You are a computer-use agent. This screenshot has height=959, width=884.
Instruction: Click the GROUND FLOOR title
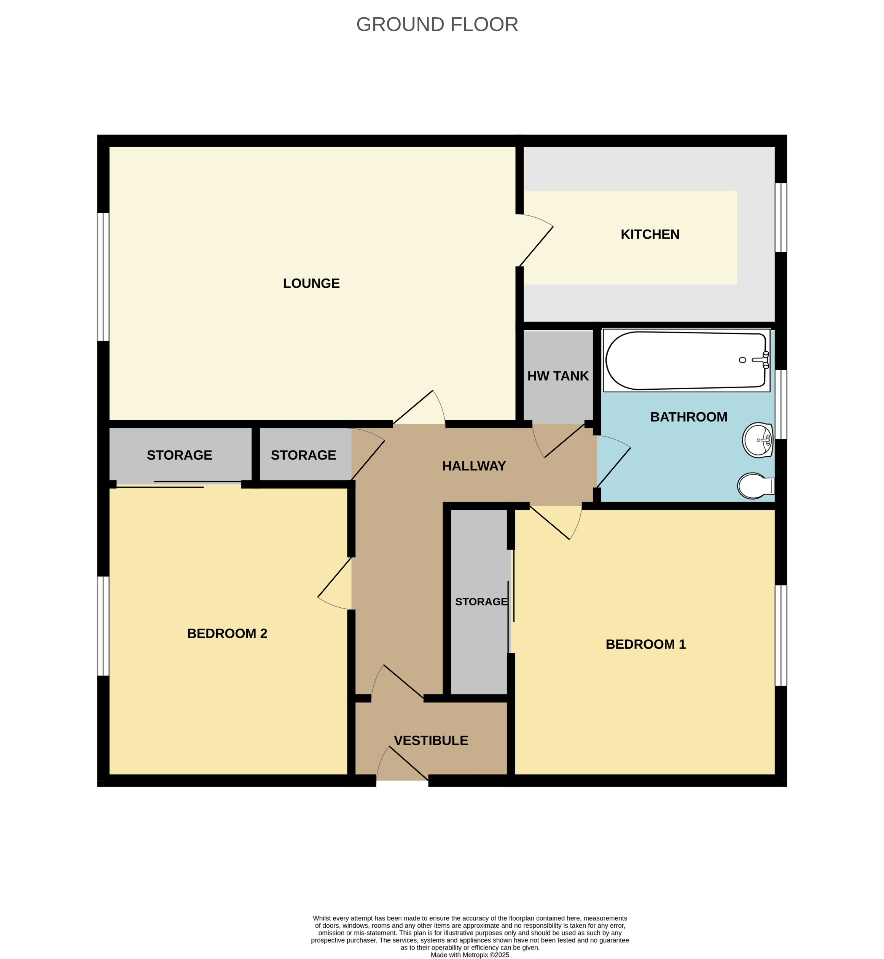[437, 24]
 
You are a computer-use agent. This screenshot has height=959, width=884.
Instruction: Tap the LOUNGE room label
[311, 283]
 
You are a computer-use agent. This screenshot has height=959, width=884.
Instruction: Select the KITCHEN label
[650, 234]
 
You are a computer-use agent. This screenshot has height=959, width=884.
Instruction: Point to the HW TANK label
[558, 376]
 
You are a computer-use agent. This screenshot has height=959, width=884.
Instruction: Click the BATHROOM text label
[688, 417]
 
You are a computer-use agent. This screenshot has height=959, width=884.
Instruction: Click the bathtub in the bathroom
[685, 360]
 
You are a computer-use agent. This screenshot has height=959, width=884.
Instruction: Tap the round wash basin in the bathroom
[758, 440]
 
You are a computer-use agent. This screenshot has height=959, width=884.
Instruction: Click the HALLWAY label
[473, 466]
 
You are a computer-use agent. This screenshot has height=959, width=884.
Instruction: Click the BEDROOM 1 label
[645, 644]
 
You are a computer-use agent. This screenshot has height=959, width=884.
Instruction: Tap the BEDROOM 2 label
[227, 633]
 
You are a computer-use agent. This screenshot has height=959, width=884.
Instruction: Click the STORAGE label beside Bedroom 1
[481, 601]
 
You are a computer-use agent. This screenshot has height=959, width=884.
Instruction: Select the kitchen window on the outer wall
[780, 217]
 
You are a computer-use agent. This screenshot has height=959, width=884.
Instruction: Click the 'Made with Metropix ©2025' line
[470, 955]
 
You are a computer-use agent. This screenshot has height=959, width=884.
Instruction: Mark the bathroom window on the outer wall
[780, 404]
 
